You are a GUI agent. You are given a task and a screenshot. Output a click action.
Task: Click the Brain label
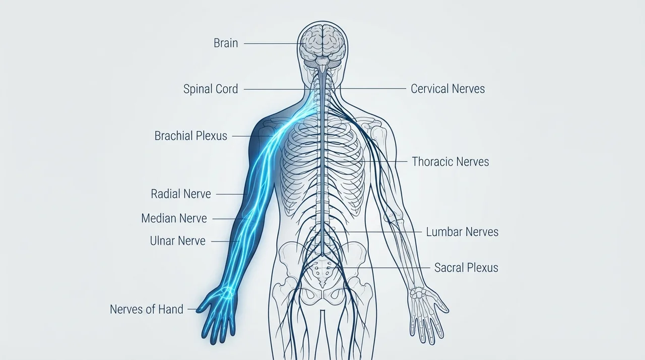226,43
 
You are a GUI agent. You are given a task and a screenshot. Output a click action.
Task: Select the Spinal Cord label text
211,89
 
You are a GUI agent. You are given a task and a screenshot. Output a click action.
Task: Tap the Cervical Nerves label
448,89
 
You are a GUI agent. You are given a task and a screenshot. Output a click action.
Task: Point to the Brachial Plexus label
191,136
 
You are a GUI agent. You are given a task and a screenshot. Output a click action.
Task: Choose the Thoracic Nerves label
450,161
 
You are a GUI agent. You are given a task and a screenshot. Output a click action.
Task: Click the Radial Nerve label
181,194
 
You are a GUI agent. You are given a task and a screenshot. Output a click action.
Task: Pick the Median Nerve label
174,218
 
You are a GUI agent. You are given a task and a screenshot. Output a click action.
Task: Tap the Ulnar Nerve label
178,241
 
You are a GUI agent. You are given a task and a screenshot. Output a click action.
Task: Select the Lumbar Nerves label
462,232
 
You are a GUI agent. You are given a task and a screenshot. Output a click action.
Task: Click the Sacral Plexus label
466,268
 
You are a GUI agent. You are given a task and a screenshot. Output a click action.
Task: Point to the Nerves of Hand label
147,309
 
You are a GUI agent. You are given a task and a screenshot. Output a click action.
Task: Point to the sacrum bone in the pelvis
322,272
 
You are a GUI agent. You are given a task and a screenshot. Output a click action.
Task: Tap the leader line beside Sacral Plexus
379,268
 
